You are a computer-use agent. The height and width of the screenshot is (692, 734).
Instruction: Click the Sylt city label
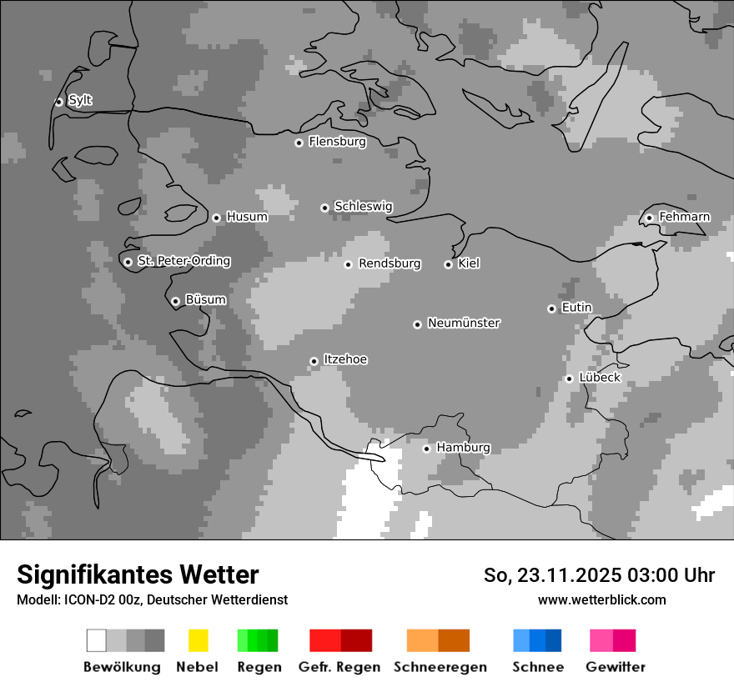coord(80,100)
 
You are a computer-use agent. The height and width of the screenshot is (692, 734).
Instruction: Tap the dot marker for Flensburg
coord(299,143)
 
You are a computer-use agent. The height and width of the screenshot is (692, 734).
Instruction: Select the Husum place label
coord(247,217)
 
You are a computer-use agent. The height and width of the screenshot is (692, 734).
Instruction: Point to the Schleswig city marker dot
coord(324,208)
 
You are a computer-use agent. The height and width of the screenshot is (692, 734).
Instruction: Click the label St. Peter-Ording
coord(183,261)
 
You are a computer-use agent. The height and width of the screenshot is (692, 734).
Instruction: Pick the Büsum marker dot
coord(175,301)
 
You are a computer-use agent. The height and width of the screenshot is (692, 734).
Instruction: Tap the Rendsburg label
coord(390,263)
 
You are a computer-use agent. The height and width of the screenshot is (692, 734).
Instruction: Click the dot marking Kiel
coord(448,264)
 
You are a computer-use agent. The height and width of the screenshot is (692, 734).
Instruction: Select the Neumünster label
coord(464,323)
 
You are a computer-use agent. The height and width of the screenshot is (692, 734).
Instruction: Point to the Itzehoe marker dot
coord(314,361)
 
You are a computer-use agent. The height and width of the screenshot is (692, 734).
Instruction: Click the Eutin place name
coord(576,308)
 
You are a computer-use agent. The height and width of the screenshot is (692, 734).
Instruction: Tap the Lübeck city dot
coord(569,379)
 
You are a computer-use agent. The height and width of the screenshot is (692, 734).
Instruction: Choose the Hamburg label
coord(463,448)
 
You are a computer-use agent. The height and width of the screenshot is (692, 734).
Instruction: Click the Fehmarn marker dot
coord(649,218)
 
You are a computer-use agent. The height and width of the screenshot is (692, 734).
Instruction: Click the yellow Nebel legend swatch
coord(198,640)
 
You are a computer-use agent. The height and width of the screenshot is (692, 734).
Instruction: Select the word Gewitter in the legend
coord(616,667)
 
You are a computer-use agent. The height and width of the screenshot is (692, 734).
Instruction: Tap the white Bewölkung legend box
coord(97,640)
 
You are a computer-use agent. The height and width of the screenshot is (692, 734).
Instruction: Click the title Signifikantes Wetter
coord(138,574)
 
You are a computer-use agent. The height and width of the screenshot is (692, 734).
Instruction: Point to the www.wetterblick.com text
coord(601,599)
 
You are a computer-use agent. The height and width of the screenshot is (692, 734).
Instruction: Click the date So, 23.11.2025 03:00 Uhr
coord(599,575)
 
